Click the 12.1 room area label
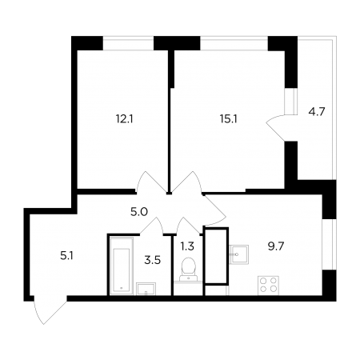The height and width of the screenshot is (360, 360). pyautogui.click(x=124, y=119)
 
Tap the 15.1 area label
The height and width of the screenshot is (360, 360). pyautogui.click(x=229, y=119)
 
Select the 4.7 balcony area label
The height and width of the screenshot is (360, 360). pyautogui.click(x=317, y=112)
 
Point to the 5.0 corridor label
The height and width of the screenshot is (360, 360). pyautogui.click(x=139, y=212)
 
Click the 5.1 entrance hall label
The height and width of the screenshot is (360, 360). pyautogui.click(x=66, y=256)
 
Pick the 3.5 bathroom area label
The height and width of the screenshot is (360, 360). pyautogui.click(x=153, y=260)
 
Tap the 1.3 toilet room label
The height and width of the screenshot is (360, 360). pyautogui.click(x=187, y=246)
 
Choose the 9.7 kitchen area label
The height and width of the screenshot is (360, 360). pyautogui.click(x=276, y=246)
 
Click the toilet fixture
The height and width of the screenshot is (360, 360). pyautogui.click(x=189, y=270)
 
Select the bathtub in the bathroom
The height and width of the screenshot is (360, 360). pyautogui.click(x=122, y=266)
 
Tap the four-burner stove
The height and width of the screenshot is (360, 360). pyautogui.click(x=268, y=286)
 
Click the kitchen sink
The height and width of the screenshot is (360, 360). pyautogui.click(x=238, y=254)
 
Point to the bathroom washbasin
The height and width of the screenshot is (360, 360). pyautogui.click(x=146, y=289)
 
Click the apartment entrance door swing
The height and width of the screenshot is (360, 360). pyautogui.click(x=48, y=310)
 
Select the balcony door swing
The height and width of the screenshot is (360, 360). pyautogui.click(x=276, y=128)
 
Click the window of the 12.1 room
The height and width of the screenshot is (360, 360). pyautogui.click(x=128, y=43)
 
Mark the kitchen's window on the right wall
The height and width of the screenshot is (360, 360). pyautogui.click(x=329, y=245)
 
